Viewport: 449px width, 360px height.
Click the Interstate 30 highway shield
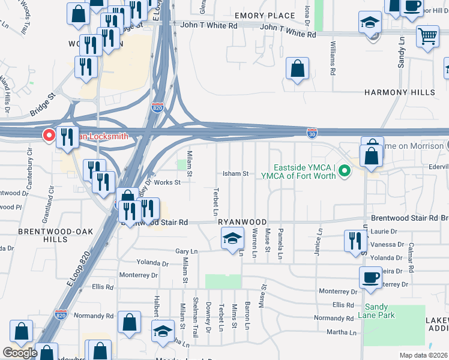[312, 131]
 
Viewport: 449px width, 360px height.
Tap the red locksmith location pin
[48, 136]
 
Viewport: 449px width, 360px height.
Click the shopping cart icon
[427, 35]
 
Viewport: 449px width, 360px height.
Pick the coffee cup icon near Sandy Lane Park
[370, 277]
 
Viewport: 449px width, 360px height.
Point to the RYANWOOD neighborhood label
[241, 221]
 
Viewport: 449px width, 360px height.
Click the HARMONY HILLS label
[399, 92]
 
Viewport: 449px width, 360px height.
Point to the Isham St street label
[236, 173]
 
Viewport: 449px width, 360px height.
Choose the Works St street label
[167, 182]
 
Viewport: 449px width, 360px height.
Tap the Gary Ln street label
[186, 251]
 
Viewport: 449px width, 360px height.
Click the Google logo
[19, 353]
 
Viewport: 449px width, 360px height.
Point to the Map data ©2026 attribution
[423, 355]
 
